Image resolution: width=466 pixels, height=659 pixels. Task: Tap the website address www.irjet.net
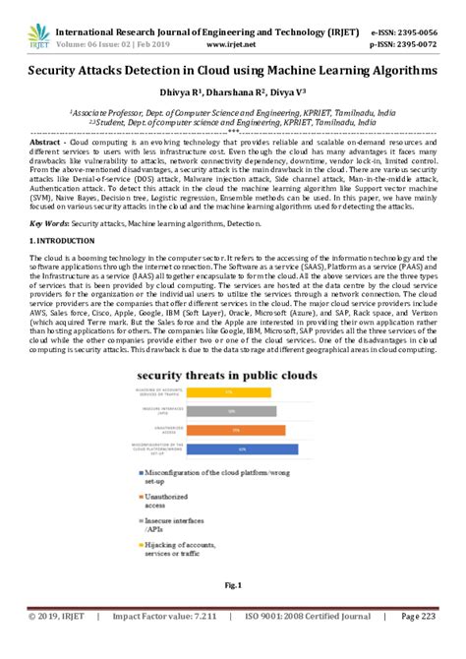232,31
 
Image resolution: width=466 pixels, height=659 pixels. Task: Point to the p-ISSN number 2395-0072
421,31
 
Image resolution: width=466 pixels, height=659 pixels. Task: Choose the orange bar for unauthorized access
237,430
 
